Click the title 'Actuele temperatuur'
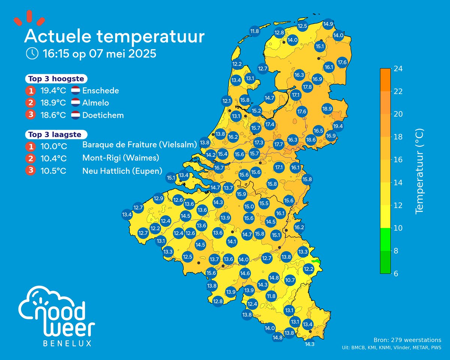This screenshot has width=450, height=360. coord(114,37)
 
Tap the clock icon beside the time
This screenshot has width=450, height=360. coord(32,54)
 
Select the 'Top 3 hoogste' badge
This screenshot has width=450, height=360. coord(56,79)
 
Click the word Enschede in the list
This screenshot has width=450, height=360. coord(100,91)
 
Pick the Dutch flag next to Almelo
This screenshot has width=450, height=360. coord(75,103)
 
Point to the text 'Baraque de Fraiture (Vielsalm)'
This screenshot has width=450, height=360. coord(139,146)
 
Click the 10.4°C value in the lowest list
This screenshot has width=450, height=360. coord(53,158)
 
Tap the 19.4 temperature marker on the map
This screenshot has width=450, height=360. coord(338,126)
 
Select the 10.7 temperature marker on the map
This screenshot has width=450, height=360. coord(290,280)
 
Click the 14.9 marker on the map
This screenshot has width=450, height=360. coord(328,24)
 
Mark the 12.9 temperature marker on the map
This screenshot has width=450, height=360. coord(158,198)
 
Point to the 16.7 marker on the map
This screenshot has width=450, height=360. coord(219,168)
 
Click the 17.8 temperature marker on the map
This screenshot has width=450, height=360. coord(307,87)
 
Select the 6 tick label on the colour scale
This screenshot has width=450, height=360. coord(396,273)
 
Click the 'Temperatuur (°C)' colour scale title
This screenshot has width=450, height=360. coord(419,171)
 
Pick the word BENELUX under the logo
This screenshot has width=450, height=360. coord(67,343)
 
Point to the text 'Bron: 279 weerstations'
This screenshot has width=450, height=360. coord(407,340)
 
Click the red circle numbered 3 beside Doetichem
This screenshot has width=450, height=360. coord(30,115)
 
